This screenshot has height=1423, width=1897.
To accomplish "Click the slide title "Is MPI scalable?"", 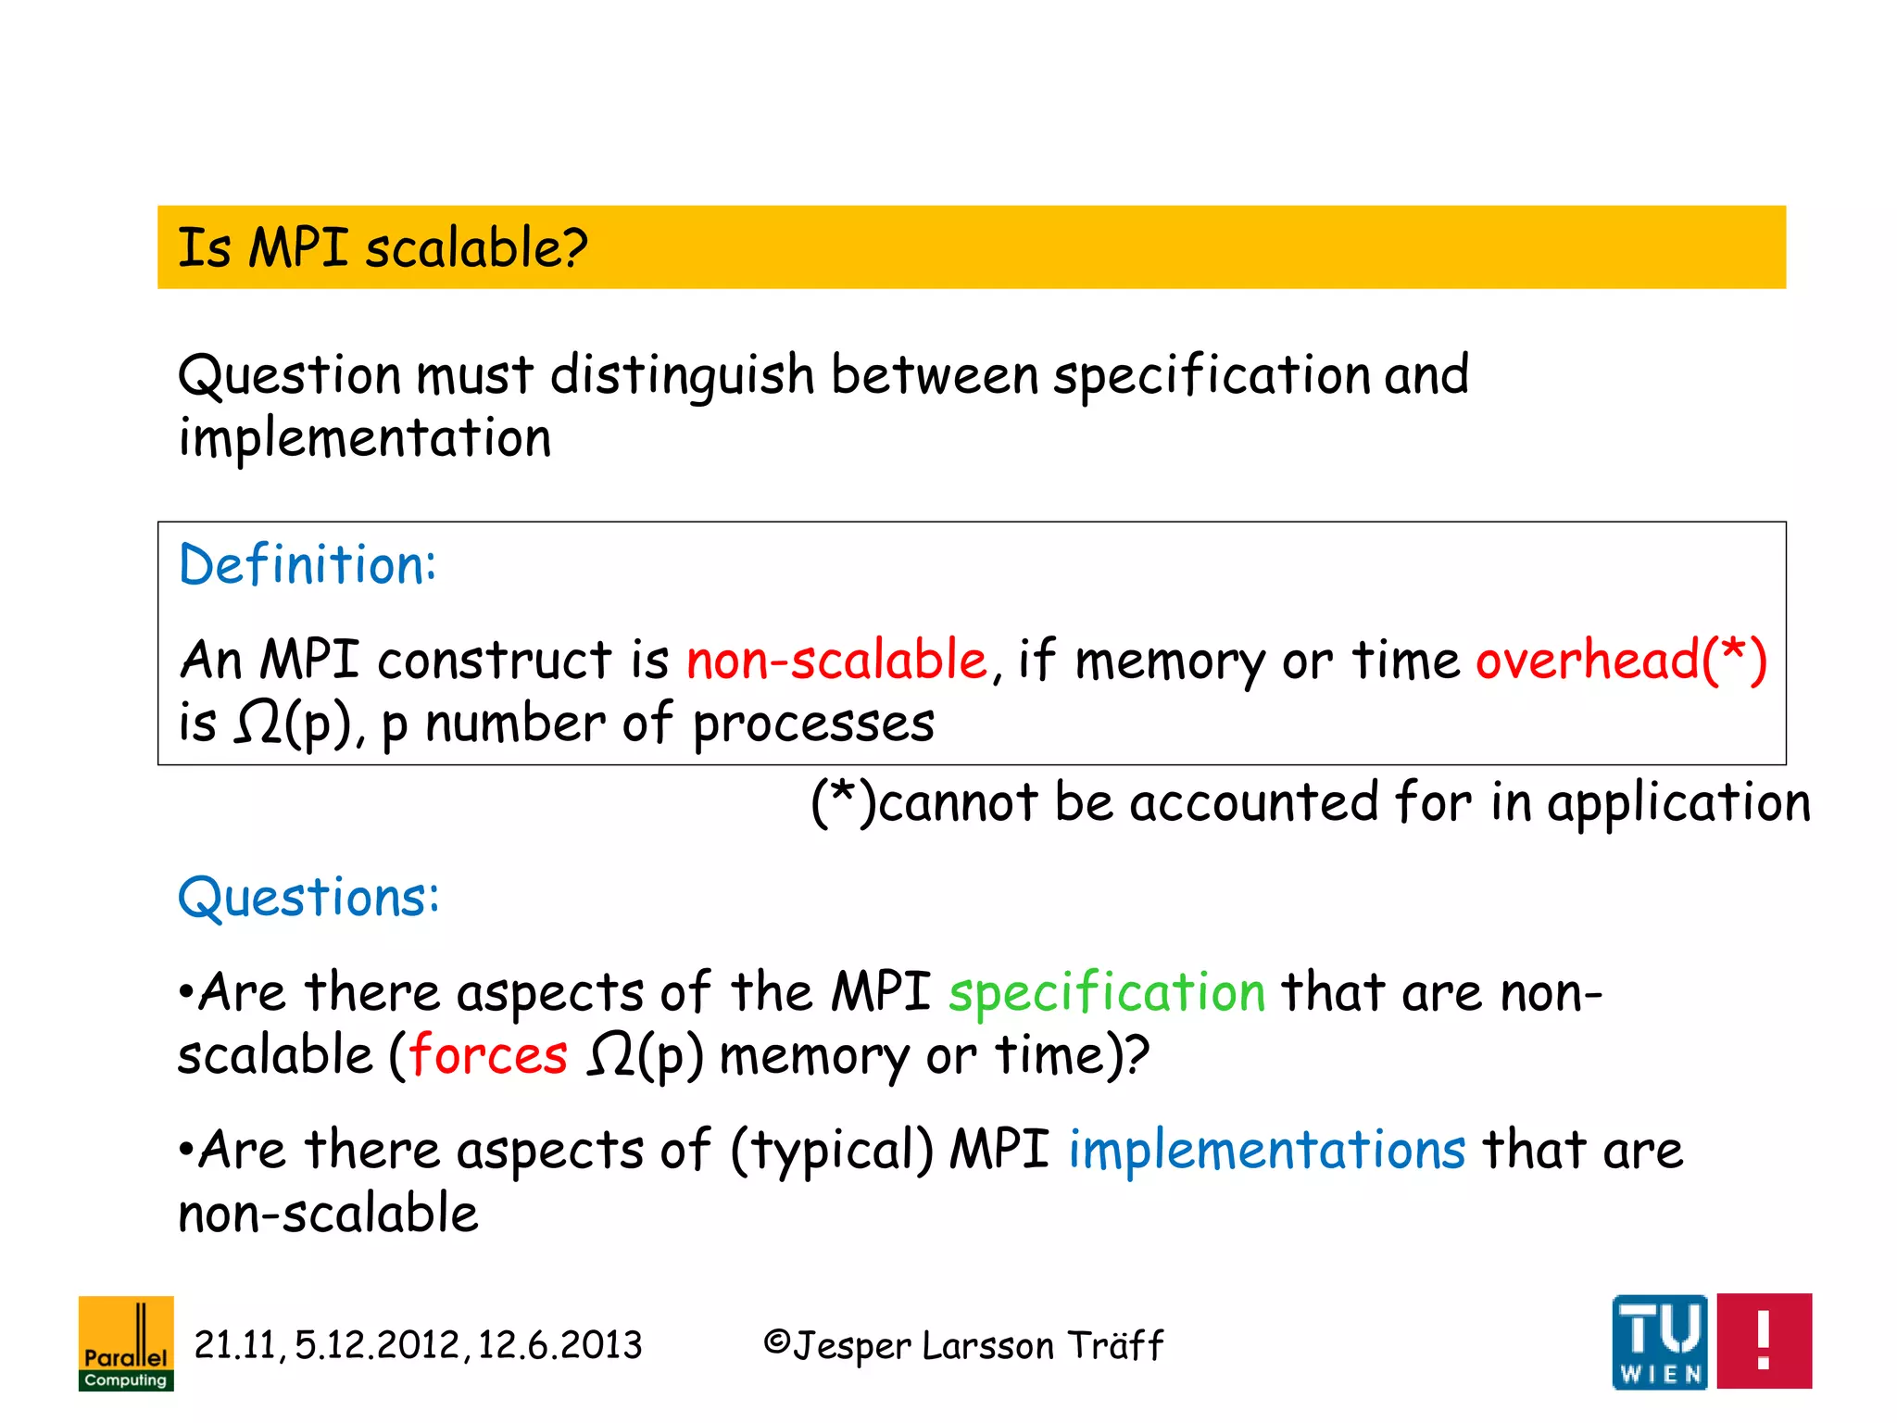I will (382, 248).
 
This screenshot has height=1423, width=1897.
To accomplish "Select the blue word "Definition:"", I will (307, 565).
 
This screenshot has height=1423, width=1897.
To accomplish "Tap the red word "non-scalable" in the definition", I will (837, 661).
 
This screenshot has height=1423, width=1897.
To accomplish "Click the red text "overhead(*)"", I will (1621, 661).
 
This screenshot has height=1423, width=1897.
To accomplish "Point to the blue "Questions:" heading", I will (308, 898).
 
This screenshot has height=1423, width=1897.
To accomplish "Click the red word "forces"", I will (488, 1056).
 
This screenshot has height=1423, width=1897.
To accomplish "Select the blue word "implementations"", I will (1267, 1152).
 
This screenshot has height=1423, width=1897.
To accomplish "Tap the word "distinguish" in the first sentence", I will (682, 376).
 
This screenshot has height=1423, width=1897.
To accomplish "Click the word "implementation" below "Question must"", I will (365, 439).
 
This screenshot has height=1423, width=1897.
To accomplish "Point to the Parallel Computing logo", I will (126, 1343).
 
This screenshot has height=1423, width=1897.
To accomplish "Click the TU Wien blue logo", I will (1659, 1341).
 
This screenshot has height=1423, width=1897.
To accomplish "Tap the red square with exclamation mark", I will (1764, 1341).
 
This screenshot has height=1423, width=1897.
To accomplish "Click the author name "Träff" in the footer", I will (1115, 1345).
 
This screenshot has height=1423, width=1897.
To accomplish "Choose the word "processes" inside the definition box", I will (813, 724).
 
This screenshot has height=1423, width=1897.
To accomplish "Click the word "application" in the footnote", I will (1678, 803).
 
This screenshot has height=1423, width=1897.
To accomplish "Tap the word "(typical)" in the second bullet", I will (832, 1152).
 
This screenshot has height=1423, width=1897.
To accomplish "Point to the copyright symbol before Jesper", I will (776, 1342).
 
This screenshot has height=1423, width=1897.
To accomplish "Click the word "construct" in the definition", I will (495, 661).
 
